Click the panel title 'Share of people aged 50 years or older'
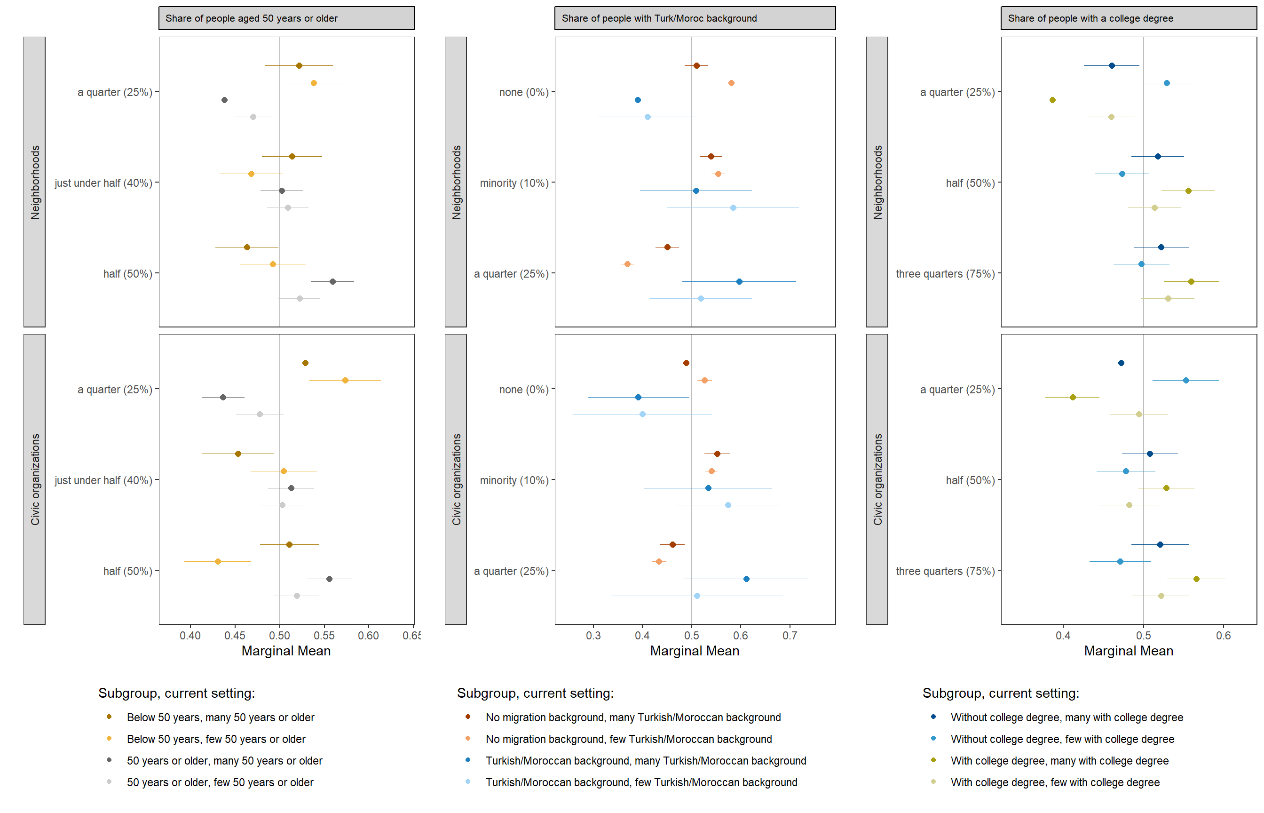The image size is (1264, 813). pyautogui.click(x=251, y=18)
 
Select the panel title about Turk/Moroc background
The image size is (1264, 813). pyautogui.click(x=658, y=18)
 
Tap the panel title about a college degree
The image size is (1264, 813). pyautogui.click(x=1090, y=18)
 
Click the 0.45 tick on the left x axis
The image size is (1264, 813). pyautogui.click(x=235, y=635)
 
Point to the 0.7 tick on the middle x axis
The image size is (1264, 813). pyautogui.click(x=789, y=635)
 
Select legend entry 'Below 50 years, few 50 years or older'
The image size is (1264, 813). pyautogui.click(x=216, y=739)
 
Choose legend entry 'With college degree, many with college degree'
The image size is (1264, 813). pyautogui.click(x=1059, y=760)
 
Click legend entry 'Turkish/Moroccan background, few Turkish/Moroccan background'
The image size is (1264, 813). pyautogui.click(x=641, y=782)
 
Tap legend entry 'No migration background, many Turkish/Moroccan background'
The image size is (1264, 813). pyautogui.click(x=632, y=717)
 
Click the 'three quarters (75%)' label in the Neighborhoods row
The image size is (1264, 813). pyautogui.click(x=944, y=273)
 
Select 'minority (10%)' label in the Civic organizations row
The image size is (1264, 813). pyautogui.click(x=514, y=480)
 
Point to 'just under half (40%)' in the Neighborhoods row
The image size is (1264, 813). pyautogui.click(x=103, y=183)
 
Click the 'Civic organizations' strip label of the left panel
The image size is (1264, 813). pyautogui.click(x=35, y=479)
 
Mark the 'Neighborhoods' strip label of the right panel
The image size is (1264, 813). pyautogui.click(x=877, y=182)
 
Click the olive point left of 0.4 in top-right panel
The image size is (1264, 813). pyautogui.click(x=1052, y=100)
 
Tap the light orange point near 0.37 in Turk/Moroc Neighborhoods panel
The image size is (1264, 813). pyautogui.click(x=627, y=264)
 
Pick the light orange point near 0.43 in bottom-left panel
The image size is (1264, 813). pyautogui.click(x=217, y=561)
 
